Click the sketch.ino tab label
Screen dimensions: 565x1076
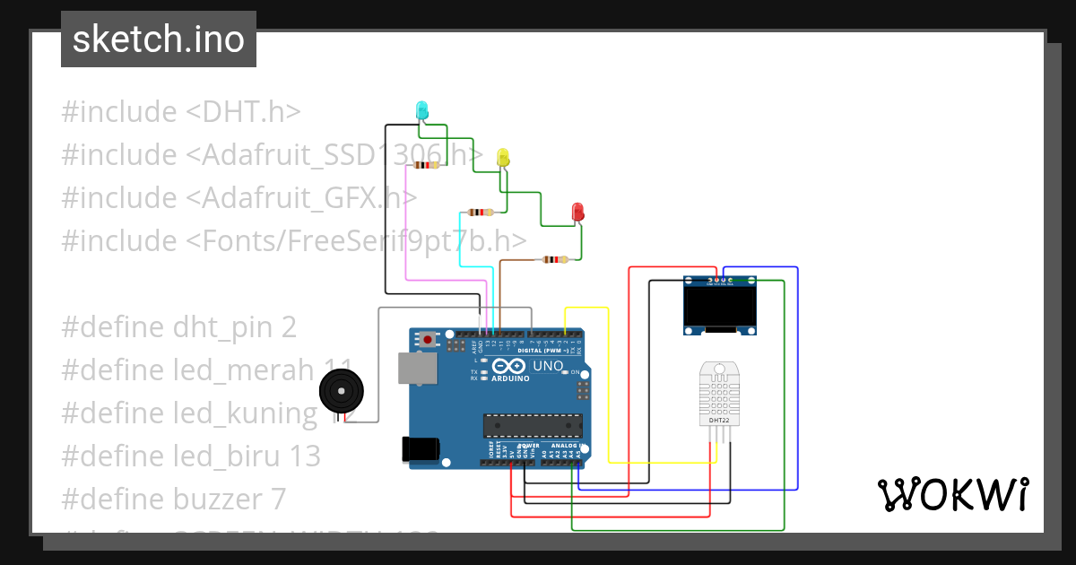[158, 39]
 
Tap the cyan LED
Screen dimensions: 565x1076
[421, 110]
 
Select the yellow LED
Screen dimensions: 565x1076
[503, 158]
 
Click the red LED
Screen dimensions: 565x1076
[578, 213]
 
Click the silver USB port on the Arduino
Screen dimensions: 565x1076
[416, 367]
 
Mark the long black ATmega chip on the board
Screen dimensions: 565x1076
[533, 427]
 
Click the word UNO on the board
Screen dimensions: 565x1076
[548, 366]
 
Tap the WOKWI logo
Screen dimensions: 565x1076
[952, 494]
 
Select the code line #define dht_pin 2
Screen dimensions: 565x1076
[178, 327]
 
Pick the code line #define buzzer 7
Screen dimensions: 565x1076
[173, 499]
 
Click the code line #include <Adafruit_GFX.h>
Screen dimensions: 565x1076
[239, 198]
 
